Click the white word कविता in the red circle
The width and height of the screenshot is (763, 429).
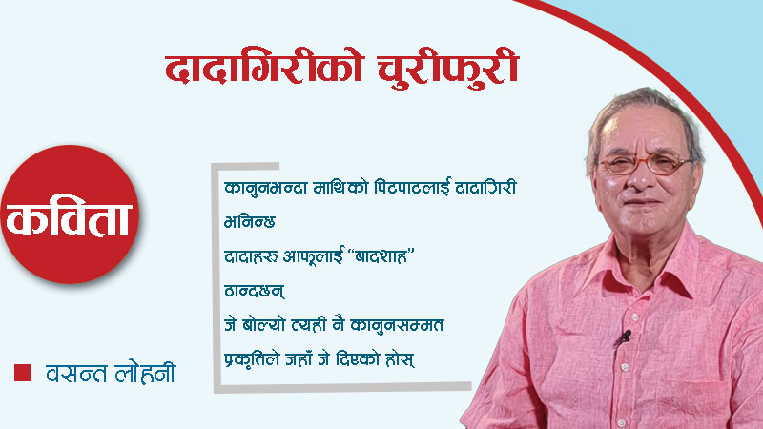pyautogui.click(x=72, y=221)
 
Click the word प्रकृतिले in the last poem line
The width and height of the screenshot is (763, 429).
pyautogui.click(x=252, y=362)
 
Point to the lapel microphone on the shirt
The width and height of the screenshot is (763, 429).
pyautogui.click(x=625, y=336)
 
